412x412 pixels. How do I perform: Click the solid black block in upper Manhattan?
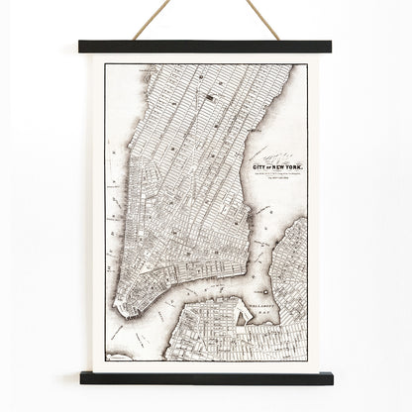(x=211, y=96)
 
